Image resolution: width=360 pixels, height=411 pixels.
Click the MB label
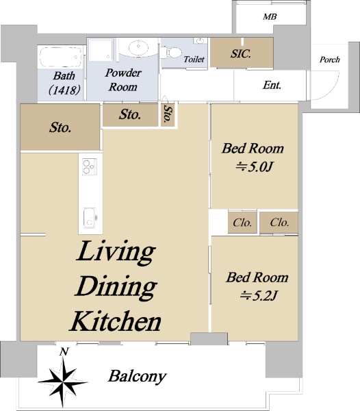(x=270, y=16)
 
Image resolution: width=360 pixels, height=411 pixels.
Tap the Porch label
(x=330, y=60)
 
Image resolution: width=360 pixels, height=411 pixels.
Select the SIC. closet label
(x=241, y=53)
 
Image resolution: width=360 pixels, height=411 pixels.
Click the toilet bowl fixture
(x=171, y=52)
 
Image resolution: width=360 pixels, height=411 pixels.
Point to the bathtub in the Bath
(x=61, y=58)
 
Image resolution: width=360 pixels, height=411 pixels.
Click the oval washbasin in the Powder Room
(x=138, y=48)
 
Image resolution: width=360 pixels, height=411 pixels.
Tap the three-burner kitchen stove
(x=90, y=166)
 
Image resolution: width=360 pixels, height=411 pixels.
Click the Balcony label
(x=137, y=377)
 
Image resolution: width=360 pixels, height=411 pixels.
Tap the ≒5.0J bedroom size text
(x=255, y=166)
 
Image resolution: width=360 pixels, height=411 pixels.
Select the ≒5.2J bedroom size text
(x=259, y=296)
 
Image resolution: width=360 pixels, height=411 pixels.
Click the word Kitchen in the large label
(x=116, y=321)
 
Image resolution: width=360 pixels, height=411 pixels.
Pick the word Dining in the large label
(x=116, y=287)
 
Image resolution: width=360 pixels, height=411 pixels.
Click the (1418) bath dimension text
(x=64, y=90)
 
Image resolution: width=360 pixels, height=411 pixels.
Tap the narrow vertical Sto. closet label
(x=168, y=114)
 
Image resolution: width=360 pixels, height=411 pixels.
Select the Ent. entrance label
(x=272, y=85)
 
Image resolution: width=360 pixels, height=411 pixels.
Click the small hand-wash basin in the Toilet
(x=200, y=40)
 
